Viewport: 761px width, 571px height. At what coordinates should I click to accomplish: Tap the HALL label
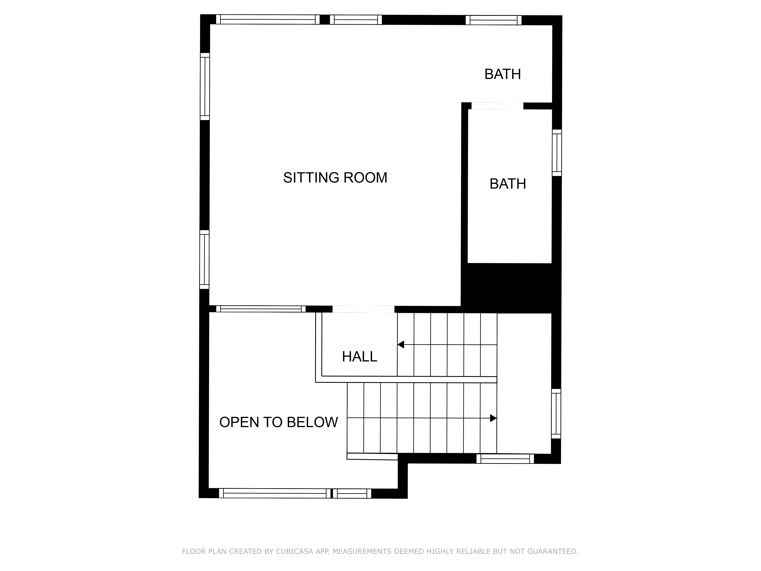(x=360, y=356)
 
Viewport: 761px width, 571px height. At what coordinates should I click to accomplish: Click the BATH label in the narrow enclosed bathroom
(x=508, y=184)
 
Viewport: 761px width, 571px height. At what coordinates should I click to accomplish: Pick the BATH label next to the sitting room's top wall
(x=503, y=74)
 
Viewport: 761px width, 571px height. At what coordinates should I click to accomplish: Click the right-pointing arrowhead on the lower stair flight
(x=493, y=418)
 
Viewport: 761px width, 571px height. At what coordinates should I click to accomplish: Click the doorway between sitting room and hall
(x=363, y=309)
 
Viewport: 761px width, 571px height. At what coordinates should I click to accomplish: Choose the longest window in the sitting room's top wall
(x=268, y=19)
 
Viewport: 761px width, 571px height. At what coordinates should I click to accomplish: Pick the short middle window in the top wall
(x=356, y=20)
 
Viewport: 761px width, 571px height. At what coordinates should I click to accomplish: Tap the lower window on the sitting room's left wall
(x=204, y=259)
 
